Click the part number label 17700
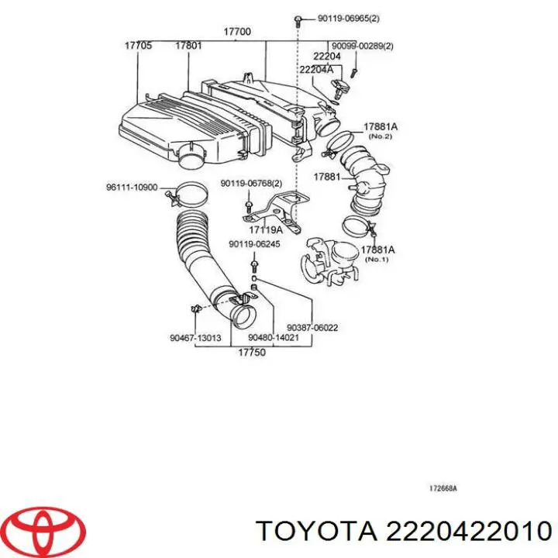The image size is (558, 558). click(237, 32)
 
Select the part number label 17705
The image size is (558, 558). click(138, 46)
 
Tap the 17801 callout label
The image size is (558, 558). click(188, 46)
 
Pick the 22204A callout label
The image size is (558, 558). click(317, 70)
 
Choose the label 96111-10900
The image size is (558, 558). click(132, 187)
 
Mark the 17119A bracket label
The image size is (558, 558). click(266, 230)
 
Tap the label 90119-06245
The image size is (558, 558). click(254, 245)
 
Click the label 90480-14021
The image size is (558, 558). click(274, 338)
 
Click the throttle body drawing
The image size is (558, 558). click(332, 260)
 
